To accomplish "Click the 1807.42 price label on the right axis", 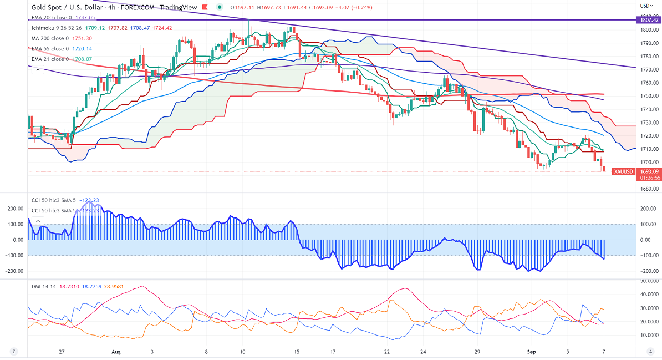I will pyautogui.click(x=649, y=19).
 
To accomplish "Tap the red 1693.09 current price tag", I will pyautogui.click(x=649, y=171).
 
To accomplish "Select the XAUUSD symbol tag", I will pyautogui.click(x=623, y=172).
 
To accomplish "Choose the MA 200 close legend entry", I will pyautogui.click(x=50, y=38).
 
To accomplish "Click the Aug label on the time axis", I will pyautogui.click(x=115, y=352).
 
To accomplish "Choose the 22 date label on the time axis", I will pyautogui.click(x=387, y=352).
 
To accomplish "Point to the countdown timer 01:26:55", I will pyautogui.click(x=649, y=178).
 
